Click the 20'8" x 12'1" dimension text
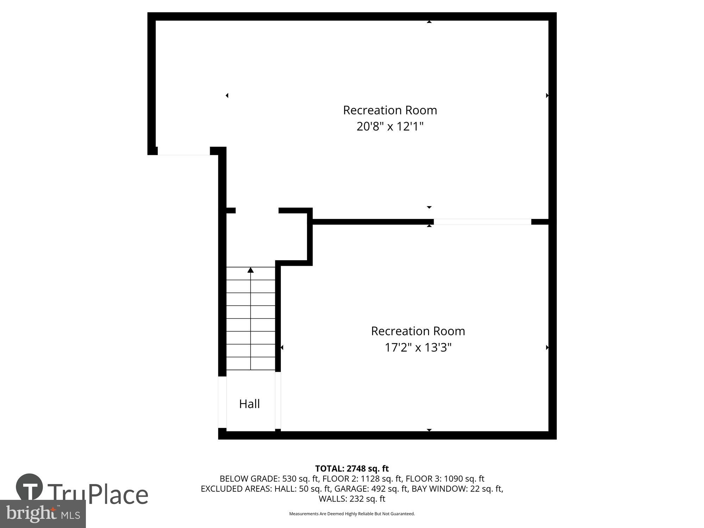point(390,126)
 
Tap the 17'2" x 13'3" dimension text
point(418,348)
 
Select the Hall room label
point(249,404)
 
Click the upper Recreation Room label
point(390,110)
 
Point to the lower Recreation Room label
point(418,331)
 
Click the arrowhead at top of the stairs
point(250,270)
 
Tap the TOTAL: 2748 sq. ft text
point(352,469)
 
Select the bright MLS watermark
point(43,514)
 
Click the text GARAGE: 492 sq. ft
point(371,489)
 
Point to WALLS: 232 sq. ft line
point(352,499)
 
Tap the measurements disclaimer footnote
point(352,514)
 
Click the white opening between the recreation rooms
point(482,222)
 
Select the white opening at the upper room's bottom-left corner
point(183,151)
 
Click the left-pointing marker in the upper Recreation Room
point(227,95)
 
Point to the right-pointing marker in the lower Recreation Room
point(547,347)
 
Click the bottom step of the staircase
point(250,364)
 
